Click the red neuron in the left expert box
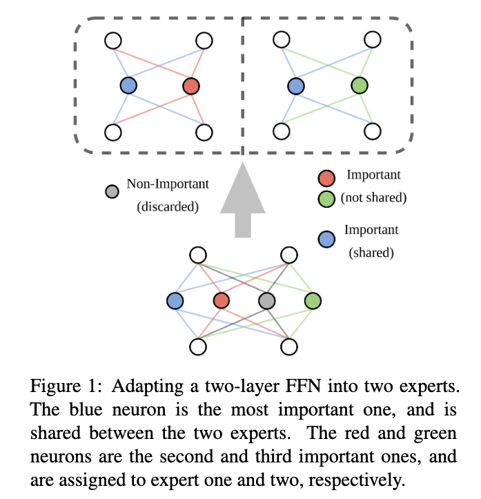pos(191,86)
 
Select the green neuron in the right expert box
pos(359,86)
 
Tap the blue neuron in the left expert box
pos(128,86)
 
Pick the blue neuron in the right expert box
pos(295,86)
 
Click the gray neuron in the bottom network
pos(266,301)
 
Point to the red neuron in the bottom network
pos(221,301)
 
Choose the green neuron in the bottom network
pos(313,301)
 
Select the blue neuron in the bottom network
pos(175,301)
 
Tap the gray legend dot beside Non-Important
pos(110,190)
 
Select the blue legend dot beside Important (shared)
pos(327,239)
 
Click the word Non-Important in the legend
pos(168,184)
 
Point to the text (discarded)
pos(168,206)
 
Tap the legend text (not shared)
pos(373,197)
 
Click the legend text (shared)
pos(372,253)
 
